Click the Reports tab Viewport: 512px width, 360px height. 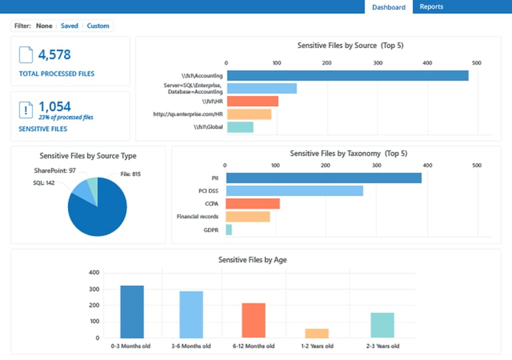431,7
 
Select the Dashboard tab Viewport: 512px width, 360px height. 389,7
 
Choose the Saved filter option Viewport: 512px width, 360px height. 69,26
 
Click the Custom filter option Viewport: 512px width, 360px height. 98,26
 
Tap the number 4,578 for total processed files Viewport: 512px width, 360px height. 54,55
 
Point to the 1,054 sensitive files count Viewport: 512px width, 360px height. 54,106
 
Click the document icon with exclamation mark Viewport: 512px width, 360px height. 26,111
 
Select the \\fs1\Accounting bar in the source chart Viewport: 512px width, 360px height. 347,75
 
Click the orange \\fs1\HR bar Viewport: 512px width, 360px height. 252,101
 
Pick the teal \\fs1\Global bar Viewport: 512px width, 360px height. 240,127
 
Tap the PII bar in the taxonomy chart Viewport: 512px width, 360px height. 323,178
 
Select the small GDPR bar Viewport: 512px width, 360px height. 229,229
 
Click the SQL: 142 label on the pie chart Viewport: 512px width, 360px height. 45,182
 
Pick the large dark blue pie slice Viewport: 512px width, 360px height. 100,213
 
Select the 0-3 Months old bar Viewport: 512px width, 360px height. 132,311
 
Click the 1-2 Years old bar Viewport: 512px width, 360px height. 317,333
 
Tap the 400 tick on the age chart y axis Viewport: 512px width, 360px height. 93,273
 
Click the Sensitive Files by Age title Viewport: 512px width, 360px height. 253,260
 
